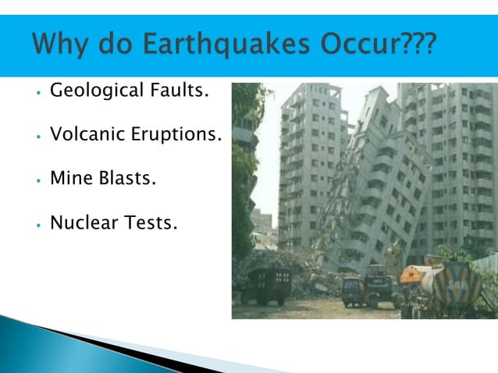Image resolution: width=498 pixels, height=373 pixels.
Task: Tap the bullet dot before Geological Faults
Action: pyautogui.click(x=37, y=94)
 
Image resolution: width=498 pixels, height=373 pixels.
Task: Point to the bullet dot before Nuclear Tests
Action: pyautogui.click(x=37, y=226)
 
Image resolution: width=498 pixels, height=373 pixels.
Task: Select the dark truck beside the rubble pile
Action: pyautogui.click(x=266, y=286)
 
